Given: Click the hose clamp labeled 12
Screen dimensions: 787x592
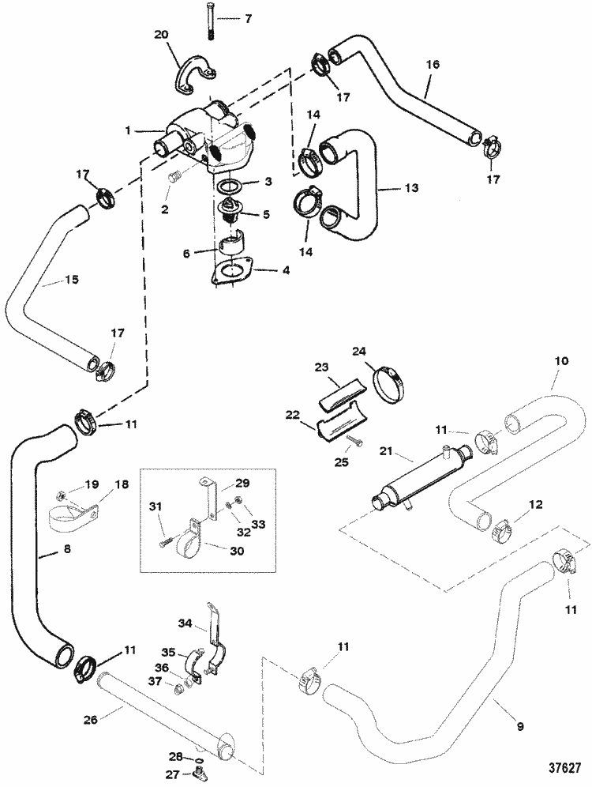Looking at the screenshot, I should coord(493,533).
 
